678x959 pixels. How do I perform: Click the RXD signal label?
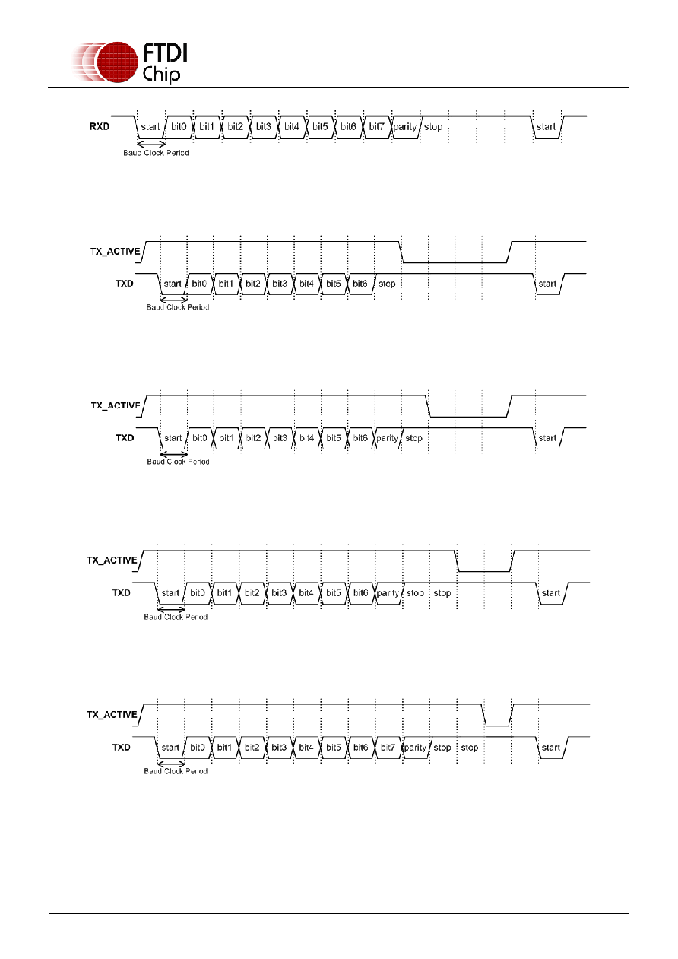coord(100,127)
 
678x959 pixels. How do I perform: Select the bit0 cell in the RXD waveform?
coord(179,127)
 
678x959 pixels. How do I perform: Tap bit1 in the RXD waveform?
coord(207,127)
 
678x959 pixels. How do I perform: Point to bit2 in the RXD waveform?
coord(236,127)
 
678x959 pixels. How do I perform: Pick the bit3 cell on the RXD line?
coord(264,127)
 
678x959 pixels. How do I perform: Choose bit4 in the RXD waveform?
coord(292,127)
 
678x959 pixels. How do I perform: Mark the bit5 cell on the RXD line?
coord(320,127)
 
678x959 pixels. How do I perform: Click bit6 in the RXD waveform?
coord(348,127)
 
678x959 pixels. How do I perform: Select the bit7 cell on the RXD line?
coord(376,127)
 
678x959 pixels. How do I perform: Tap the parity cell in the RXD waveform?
coord(405,127)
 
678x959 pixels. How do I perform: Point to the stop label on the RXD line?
coord(433,127)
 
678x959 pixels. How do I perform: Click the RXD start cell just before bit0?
coord(150,127)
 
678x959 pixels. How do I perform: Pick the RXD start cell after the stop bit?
coord(547,127)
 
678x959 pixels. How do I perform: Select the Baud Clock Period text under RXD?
coord(156,153)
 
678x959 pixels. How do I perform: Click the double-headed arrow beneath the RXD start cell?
coord(151,144)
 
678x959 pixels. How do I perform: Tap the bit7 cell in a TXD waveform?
coord(388,748)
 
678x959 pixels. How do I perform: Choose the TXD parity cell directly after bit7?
coord(416,748)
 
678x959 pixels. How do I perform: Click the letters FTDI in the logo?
coord(165,53)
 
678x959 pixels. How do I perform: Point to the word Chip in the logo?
coord(161,75)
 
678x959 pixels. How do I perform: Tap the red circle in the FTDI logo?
coord(118,62)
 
